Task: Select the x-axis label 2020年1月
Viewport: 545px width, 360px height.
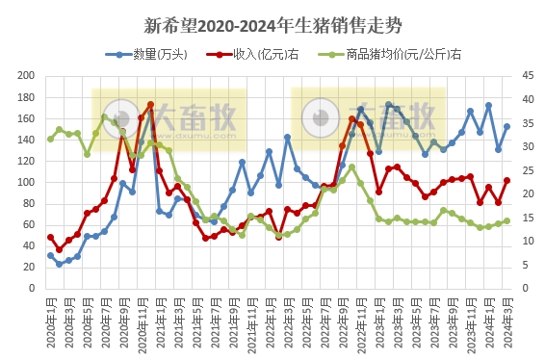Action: pos(50,322)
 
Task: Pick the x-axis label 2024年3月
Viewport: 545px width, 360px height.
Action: pos(506,322)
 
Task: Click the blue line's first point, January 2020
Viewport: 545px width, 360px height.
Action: pos(50,255)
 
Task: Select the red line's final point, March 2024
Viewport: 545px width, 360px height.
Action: pos(506,180)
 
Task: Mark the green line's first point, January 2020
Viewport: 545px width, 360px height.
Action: pos(50,139)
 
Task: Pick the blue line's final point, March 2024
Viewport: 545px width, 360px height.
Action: pos(506,126)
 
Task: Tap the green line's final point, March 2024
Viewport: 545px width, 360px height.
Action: pos(506,220)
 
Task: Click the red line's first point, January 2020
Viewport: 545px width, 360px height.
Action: pos(50,237)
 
